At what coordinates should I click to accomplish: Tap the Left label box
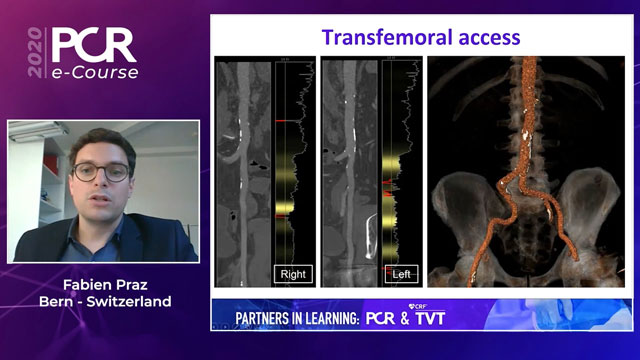pyautogui.click(x=400, y=273)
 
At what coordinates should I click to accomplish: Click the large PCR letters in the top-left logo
pyautogui.click(x=95, y=46)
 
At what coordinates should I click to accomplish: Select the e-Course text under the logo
pyautogui.click(x=95, y=73)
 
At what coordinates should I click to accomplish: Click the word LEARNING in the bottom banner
pyautogui.click(x=318, y=318)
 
